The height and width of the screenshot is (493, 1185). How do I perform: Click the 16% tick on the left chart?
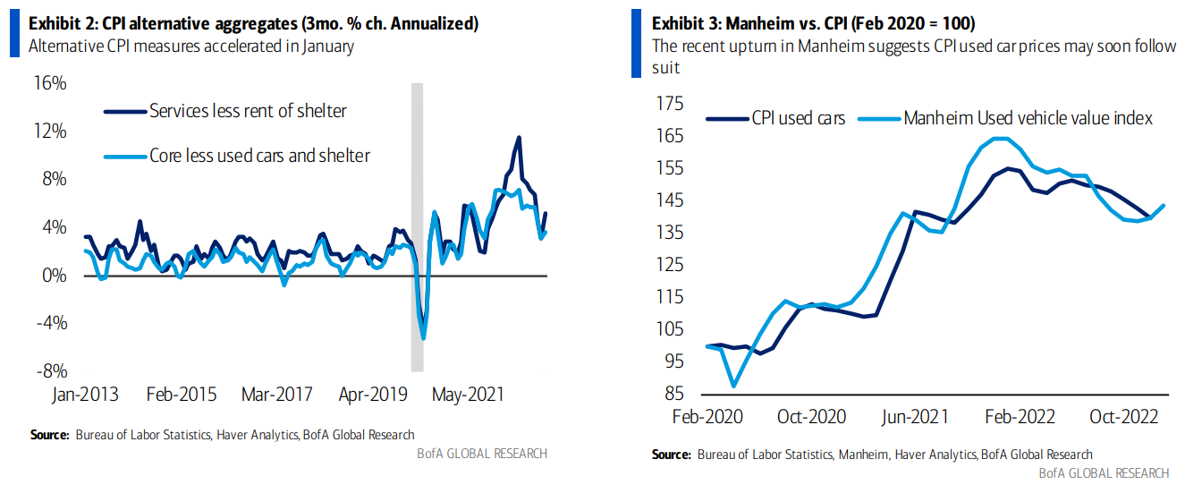point(49,83)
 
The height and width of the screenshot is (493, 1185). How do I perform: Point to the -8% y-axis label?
point(49,370)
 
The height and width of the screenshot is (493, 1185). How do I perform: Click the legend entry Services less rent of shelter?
point(248,111)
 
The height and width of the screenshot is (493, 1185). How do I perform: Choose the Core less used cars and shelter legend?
point(259,156)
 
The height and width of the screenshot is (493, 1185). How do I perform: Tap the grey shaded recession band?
point(417,224)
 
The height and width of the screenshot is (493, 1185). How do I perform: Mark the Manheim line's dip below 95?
point(734,386)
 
